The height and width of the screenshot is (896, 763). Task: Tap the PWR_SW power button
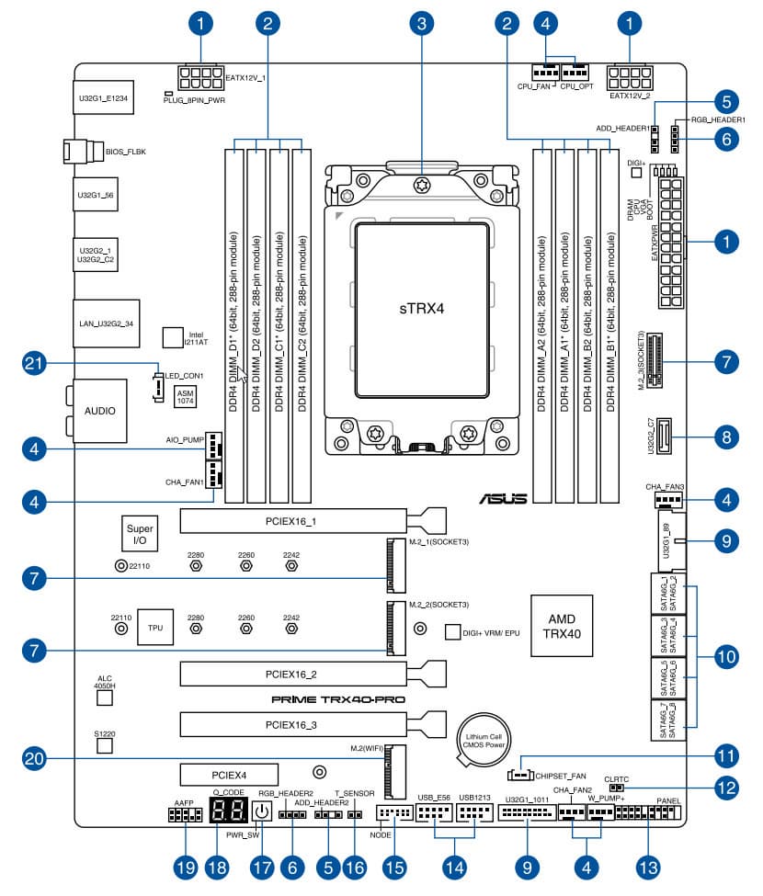(x=262, y=811)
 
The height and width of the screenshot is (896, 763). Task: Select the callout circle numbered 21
(x=34, y=365)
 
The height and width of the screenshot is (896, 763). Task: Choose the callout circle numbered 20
(x=34, y=758)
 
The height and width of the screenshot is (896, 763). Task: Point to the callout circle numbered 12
(x=726, y=787)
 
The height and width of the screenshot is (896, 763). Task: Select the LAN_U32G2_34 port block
(x=105, y=323)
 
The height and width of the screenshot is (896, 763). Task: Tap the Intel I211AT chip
(x=174, y=337)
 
